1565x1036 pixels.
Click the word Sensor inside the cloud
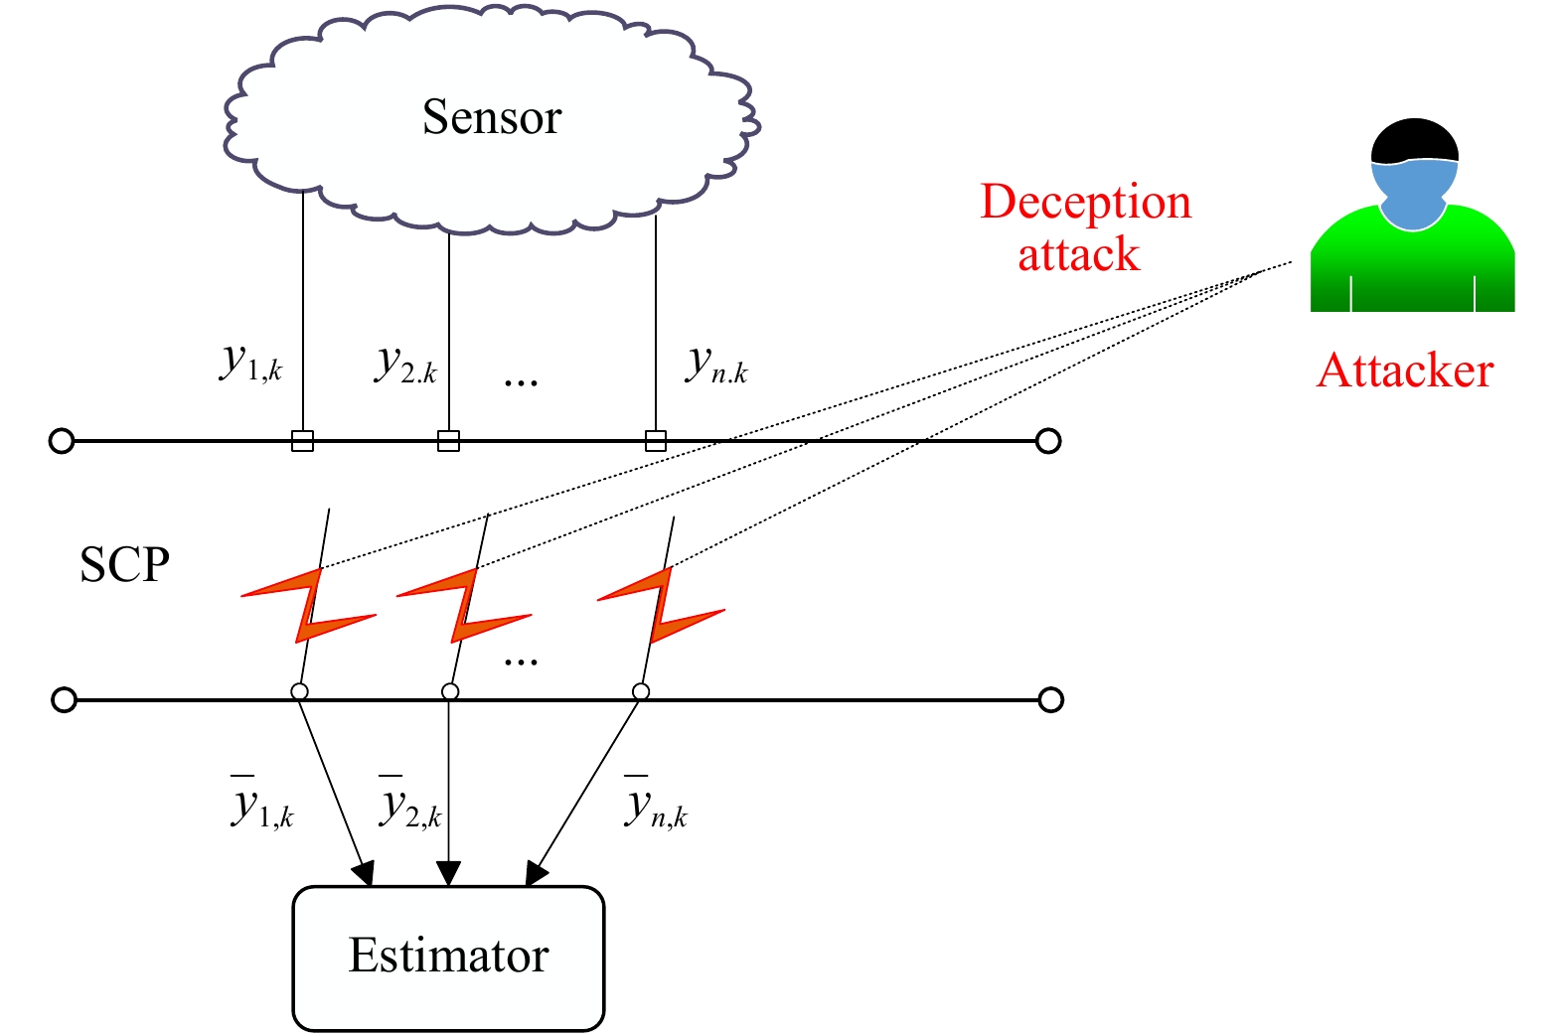(x=492, y=116)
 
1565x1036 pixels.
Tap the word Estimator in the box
(x=448, y=955)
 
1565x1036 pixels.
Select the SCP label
(x=124, y=564)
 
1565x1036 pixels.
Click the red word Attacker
(x=1405, y=370)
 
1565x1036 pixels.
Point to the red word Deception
(x=1086, y=202)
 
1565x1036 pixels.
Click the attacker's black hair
(x=1415, y=142)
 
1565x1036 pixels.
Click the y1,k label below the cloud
(x=250, y=365)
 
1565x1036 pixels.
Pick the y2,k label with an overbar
(x=410, y=804)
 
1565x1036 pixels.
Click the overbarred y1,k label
(x=262, y=804)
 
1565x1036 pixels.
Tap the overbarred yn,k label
(x=656, y=804)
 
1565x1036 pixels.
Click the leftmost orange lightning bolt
(x=308, y=605)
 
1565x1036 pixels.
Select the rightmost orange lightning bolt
(x=661, y=605)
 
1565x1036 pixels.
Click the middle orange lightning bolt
(x=464, y=605)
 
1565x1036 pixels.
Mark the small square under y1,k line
(x=302, y=441)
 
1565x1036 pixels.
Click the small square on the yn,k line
(x=656, y=441)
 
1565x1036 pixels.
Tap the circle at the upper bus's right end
(x=1048, y=441)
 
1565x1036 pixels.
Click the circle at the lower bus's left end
(x=65, y=699)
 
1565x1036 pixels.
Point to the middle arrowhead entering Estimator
(x=448, y=873)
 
